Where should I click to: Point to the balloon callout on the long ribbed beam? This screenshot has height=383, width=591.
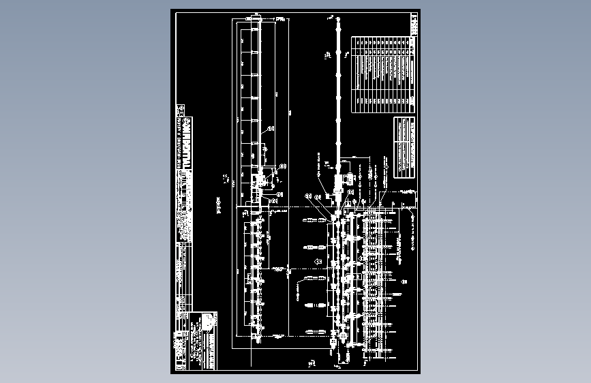pyautogui.click(x=271, y=128)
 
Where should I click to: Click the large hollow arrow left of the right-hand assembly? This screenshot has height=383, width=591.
pyautogui.click(x=318, y=262)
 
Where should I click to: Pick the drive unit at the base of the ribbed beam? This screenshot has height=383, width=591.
pyautogui.click(x=258, y=182)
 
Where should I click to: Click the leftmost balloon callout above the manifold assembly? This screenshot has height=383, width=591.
pyautogui.click(x=309, y=196)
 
